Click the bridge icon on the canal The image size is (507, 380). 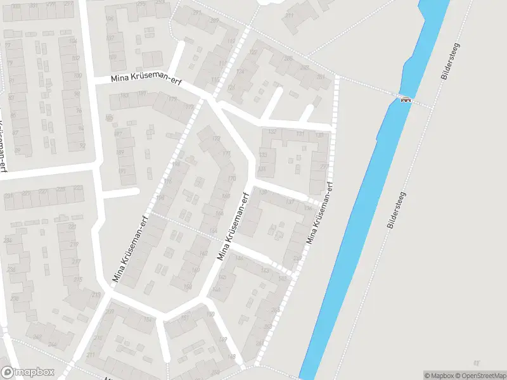click(405, 99)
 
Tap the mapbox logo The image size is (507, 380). click(27, 372)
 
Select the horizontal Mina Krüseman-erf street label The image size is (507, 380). click(145, 83)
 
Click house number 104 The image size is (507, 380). click(73, 41)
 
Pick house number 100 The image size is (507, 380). click(77, 75)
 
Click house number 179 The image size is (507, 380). click(172, 99)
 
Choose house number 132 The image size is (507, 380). click(273, 131)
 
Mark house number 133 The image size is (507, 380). click(262, 155)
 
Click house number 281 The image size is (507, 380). click(321, 77)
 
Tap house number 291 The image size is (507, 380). click(196, 12)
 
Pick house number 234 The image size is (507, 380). click(10, 241)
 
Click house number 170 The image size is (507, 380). click(231, 178)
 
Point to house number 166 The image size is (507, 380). click(219, 213)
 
